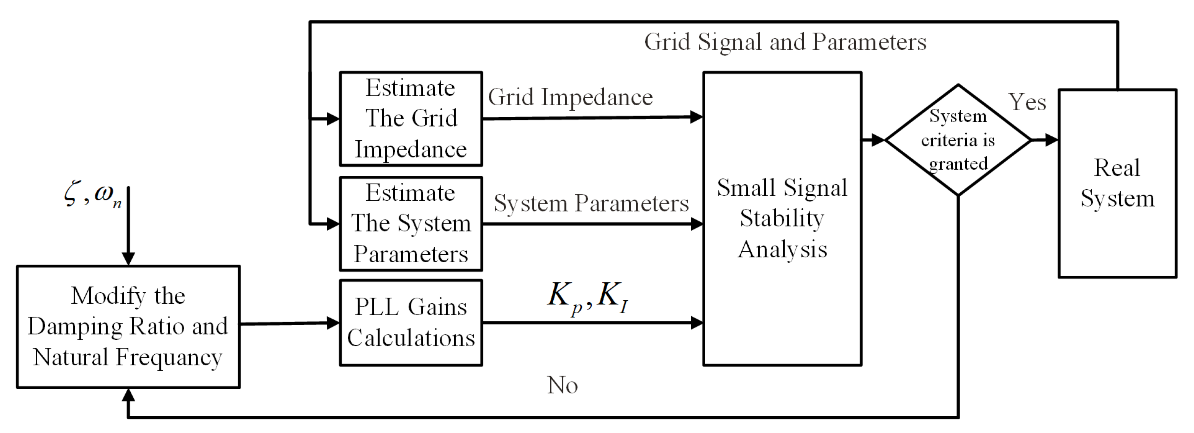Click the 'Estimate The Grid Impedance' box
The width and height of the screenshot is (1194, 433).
pos(411,119)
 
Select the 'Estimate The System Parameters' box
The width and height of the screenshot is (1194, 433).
pos(411,224)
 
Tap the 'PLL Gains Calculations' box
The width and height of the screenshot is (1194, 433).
pos(411,323)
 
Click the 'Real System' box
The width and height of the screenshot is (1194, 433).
pos(1117,184)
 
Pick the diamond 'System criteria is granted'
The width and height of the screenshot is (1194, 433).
pos(958,140)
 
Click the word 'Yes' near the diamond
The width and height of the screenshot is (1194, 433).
pos(1027,102)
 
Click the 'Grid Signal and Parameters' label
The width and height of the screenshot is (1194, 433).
pos(785,42)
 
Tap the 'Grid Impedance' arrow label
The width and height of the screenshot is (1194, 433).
pos(570,97)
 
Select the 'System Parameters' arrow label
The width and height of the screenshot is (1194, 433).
pos(591,203)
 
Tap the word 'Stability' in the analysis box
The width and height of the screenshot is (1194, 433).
pos(782,218)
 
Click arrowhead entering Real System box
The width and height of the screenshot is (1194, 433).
pos(1051,140)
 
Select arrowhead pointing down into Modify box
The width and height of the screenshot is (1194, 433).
pos(128,259)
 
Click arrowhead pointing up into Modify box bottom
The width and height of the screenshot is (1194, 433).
pos(128,395)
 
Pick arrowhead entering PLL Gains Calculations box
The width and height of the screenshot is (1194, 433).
pos(333,323)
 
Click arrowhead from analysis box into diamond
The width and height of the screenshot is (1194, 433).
pos(878,140)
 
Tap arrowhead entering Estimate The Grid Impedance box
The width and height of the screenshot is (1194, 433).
pos(333,119)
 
